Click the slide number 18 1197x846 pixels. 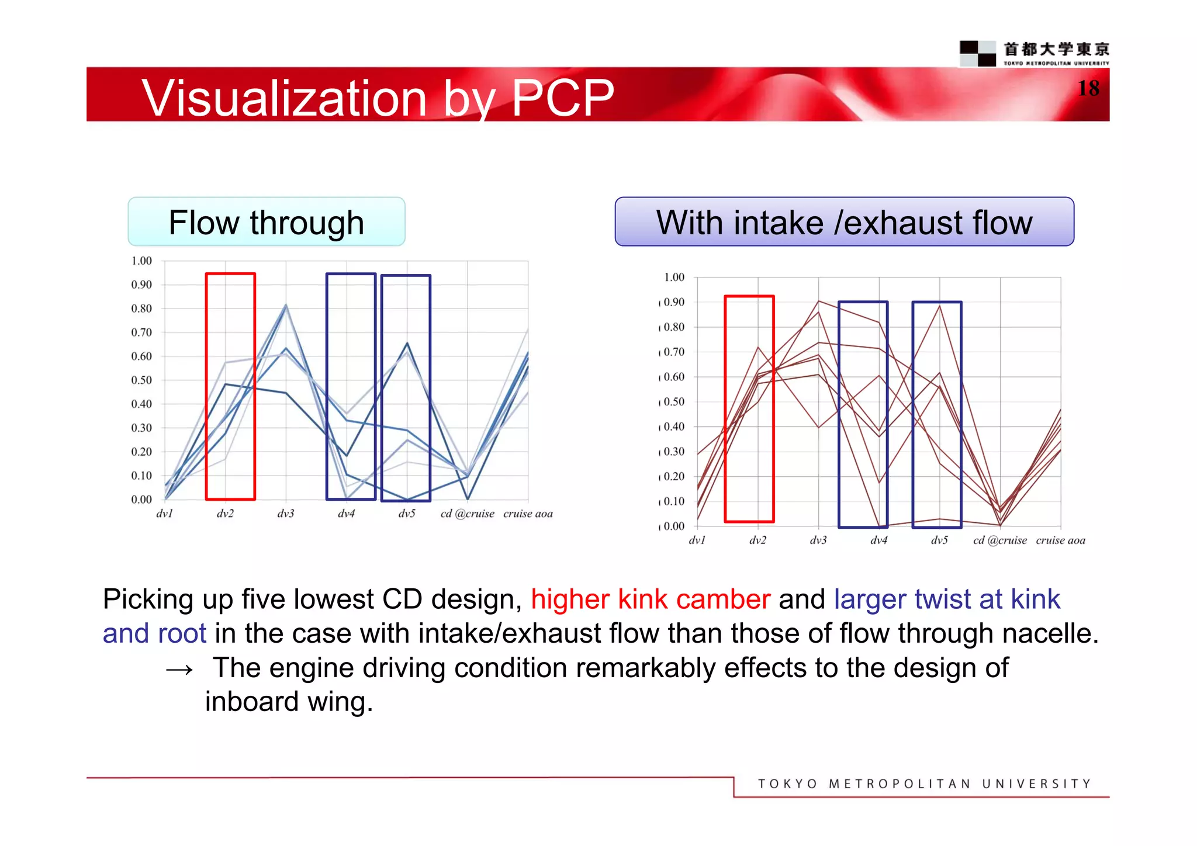(x=1088, y=88)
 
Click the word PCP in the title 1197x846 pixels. (x=562, y=98)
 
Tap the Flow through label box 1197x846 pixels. (x=267, y=222)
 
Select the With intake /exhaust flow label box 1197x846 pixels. (x=844, y=222)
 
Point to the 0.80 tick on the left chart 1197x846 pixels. (x=141, y=308)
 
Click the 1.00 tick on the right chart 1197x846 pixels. (x=673, y=278)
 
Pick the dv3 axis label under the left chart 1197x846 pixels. (x=285, y=514)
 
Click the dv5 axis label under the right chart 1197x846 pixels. (x=939, y=540)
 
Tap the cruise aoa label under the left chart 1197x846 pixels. (x=527, y=514)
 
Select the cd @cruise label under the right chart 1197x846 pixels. (x=999, y=540)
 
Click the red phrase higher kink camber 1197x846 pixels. (x=650, y=599)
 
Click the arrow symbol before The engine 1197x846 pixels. (x=179, y=670)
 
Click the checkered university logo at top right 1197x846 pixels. (x=977, y=53)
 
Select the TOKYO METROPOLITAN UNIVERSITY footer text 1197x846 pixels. (x=924, y=784)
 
